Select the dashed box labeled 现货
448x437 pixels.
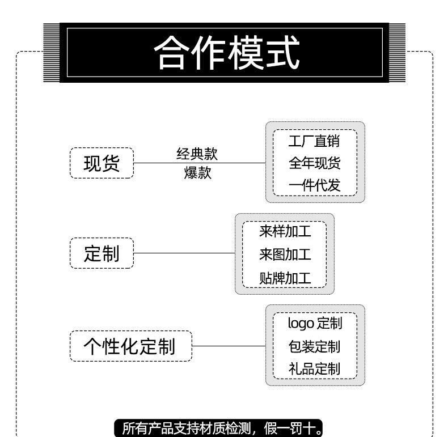coord(102,163)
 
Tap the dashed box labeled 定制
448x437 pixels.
coord(102,253)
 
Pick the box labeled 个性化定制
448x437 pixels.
coord(130,346)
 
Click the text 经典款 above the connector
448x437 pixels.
coord(197,154)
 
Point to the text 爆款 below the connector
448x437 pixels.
coord(197,173)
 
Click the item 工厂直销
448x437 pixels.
coord(315,141)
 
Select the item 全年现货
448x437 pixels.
coord(315,163)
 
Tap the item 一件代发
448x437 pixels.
coord(315,185)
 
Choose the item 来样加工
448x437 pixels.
coord(285,231)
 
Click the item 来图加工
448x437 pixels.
coord(285,254)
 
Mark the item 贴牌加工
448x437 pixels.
coord(285,278)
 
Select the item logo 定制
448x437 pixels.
coord(315,324)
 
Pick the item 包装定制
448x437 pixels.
coord(315,346)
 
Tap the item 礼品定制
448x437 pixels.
coord(315,368)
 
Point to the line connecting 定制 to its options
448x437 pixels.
coord(184,253)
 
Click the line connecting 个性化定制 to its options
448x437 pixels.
coord(229,346)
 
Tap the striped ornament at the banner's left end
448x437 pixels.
coord(51,53)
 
